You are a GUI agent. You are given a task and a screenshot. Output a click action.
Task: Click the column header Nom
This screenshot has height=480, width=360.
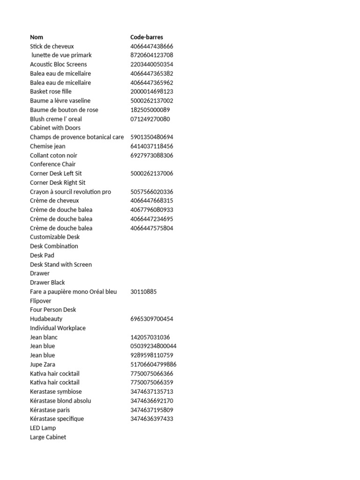click(x=37, y=37)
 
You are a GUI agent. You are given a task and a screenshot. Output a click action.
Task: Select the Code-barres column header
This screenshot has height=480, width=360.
click(x=147, y=37)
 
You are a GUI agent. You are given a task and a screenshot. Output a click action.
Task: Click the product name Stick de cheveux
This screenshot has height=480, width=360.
click(x=52, y=46)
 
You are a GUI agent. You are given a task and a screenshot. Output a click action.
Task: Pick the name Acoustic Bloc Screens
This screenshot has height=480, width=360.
click(x=58, y=64)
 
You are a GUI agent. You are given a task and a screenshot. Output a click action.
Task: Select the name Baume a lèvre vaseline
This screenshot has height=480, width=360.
click(x=60, y=101)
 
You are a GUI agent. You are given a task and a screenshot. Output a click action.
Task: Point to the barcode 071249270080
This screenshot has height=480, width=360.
click(x=150, y=119)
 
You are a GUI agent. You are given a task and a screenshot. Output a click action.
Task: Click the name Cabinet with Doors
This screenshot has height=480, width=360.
click(x=55, y=128)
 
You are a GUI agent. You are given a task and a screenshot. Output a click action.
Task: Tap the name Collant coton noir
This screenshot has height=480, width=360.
click(x=53, y=155)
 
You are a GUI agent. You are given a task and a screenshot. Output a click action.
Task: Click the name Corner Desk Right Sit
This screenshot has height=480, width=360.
click(x=58, y=182)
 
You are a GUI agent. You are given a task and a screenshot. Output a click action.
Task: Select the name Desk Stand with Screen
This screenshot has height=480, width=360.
click(x=60, y=264)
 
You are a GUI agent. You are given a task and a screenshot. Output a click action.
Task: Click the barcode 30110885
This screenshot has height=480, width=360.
click(x=143, y=292)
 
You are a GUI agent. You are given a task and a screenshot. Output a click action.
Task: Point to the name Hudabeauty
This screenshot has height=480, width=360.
click(x=46, y=319)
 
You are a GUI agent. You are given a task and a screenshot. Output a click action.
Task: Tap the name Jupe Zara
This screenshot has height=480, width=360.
click(x=44, y=364)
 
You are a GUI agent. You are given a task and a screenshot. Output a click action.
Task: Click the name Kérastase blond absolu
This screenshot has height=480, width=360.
click(x=60, y=401)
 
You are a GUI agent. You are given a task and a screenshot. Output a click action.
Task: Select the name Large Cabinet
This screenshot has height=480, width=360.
click(x=48, y=437)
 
